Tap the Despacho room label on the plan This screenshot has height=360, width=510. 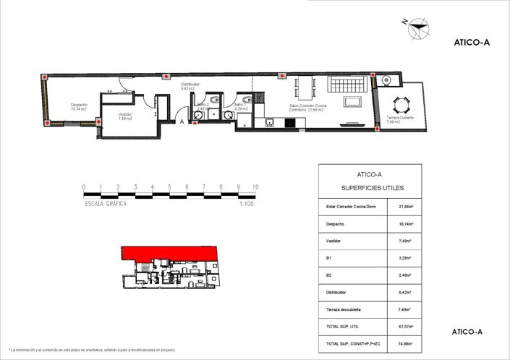(79, 107)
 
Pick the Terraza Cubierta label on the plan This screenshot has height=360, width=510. (400, 119)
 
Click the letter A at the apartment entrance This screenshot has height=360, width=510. (182, 122)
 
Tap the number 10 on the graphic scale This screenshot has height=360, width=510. (255, 187)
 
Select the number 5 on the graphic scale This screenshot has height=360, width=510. (170, 187)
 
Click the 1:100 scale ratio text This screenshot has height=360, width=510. (246, 205)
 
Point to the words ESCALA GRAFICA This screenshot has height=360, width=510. (106, 205)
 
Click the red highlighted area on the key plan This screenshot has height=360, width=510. (168, 254)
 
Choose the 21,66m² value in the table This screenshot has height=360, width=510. (405, 207)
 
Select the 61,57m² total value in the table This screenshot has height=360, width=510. (405, 327)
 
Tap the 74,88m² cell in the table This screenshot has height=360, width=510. (405, 344)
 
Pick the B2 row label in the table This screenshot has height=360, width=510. (329, 275)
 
